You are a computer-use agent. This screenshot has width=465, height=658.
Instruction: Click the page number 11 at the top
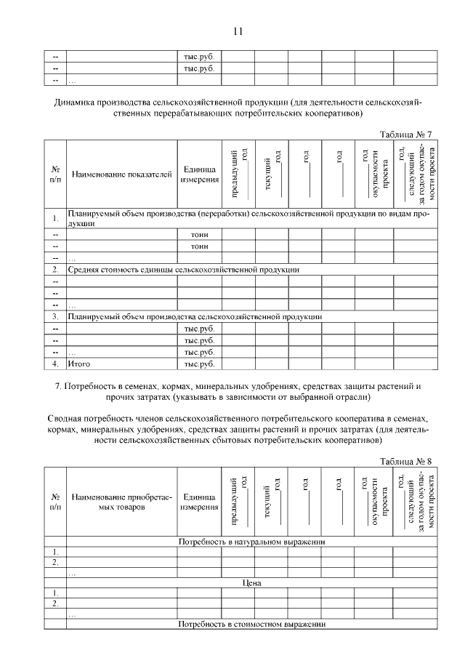click(238, 31)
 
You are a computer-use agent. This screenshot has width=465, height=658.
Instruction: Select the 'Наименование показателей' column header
click(121, 174)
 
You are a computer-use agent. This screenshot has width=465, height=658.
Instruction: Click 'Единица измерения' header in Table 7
click(198, 174)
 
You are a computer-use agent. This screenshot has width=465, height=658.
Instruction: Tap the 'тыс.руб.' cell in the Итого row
click(199, 363)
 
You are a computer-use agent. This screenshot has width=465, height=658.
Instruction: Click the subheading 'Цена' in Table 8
click(251, 583)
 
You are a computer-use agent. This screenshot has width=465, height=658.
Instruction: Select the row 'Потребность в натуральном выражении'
click(251, 542)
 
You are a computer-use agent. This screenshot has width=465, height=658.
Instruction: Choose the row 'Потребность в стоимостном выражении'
click(251, 625)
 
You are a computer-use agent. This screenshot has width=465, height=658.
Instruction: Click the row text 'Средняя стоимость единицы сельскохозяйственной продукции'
click(183, 270)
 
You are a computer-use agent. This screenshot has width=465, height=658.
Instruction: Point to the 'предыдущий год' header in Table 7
click(238, 174)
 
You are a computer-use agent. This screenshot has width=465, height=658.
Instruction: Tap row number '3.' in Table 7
click(55, 317)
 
